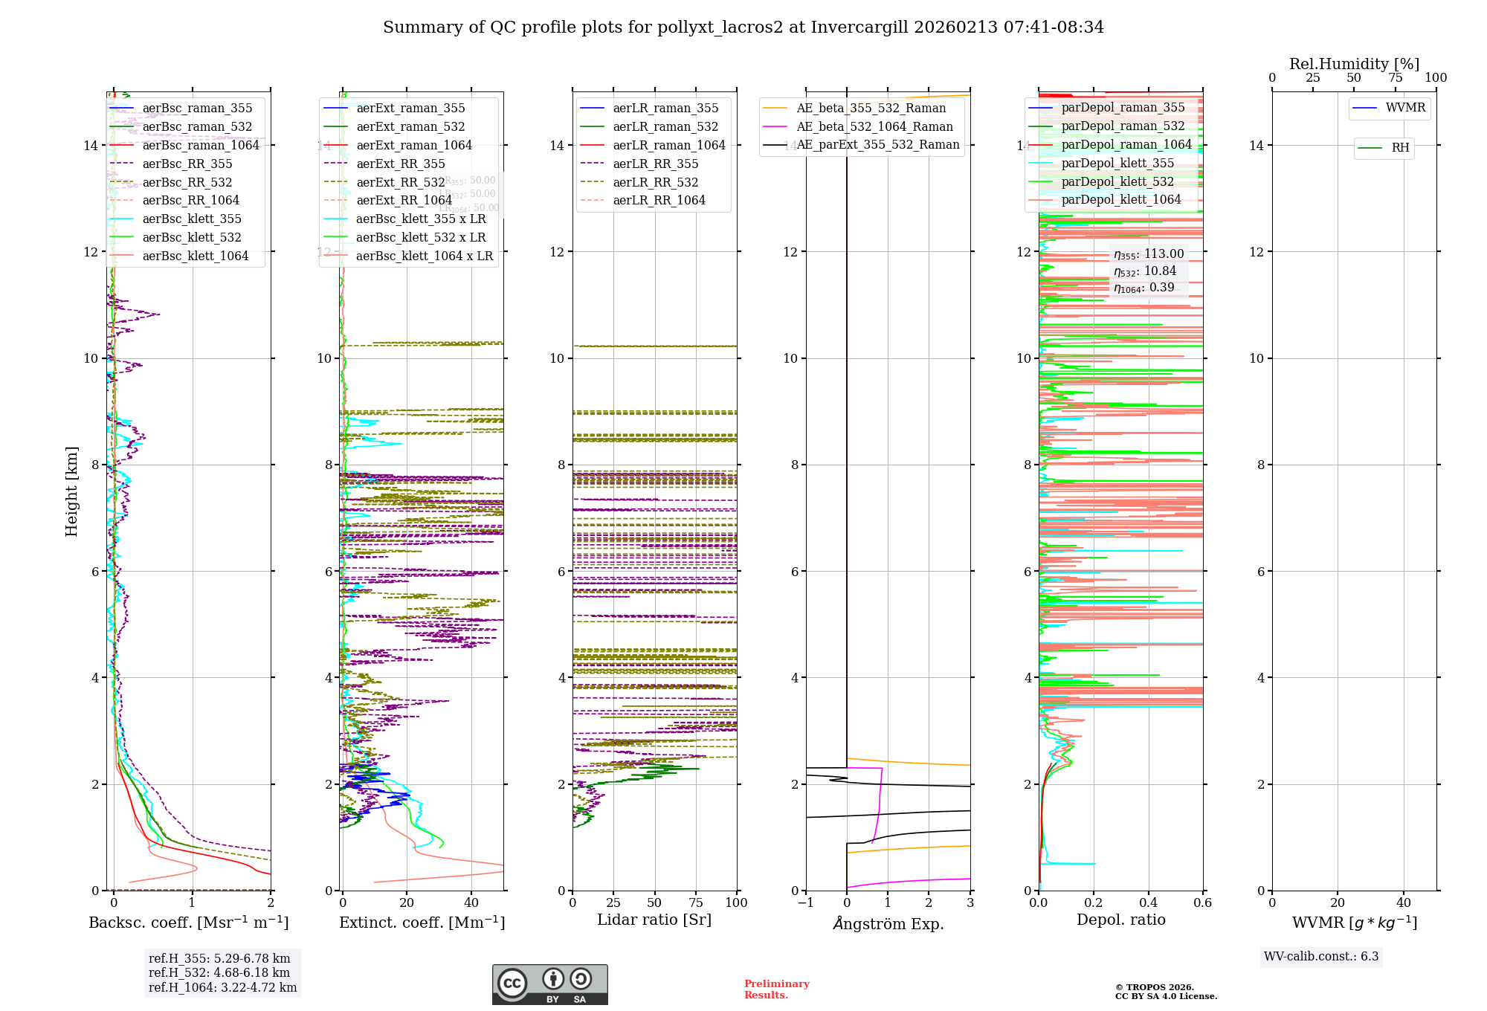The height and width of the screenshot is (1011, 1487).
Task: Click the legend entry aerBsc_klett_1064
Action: click(x=195, y=256)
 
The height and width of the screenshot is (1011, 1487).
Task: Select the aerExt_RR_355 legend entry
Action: click(x=400, y=164)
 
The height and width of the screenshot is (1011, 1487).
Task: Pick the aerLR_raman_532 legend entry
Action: click(x=665, y=126)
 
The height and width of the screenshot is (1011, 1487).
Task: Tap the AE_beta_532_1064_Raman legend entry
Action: click(x=874, y=126)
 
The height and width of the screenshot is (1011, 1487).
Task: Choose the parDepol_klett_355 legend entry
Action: click(x=1117, y=163)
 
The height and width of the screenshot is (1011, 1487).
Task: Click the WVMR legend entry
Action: click(x=1405, y=108)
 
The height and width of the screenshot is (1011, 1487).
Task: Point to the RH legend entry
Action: click(x=1400, y=148)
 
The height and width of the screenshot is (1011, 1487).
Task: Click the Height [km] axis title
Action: click(x=71, y=491)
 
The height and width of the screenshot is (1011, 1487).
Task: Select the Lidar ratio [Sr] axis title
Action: click(x=654, y=920)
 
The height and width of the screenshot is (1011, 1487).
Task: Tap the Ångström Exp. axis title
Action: click(x=888, y=923)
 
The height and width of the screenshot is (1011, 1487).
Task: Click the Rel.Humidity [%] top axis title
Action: click(x=1354, y=64)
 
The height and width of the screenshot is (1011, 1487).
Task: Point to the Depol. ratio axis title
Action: click(x=1120, y=920)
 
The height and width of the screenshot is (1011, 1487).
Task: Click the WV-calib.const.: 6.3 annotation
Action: click(x=1321, y=957)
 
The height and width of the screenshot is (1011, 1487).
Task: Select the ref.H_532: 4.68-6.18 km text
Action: click(x=219, y=972)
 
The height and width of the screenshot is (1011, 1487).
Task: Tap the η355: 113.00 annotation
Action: click(x=1149, y=254)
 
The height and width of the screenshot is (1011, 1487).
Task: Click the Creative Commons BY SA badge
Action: click(x=549, y=985)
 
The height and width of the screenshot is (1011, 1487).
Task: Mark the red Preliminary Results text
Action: click(x=776, y=989)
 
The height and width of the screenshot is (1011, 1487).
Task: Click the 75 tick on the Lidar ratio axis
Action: click(x=696, y=902)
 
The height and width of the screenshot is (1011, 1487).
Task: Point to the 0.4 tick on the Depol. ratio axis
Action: click(x=1148, y=902)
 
